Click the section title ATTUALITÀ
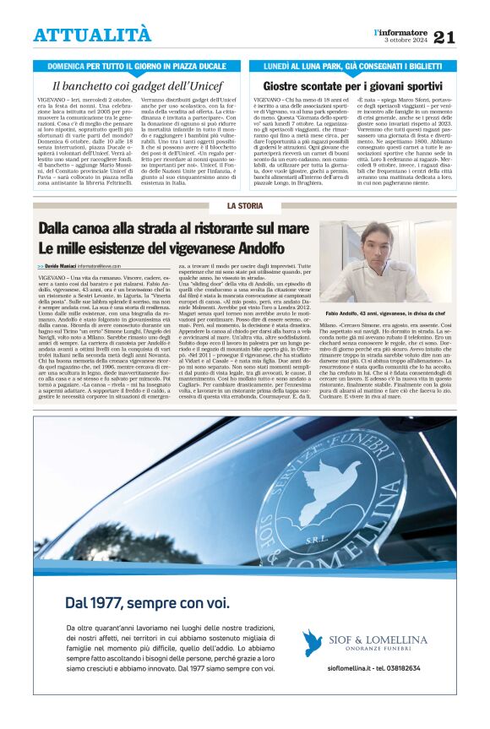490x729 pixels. [x=92, y=35]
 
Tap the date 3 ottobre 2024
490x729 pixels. [x=407, y=40]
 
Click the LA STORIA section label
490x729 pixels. [x=244, y=206]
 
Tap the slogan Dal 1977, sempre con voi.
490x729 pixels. [x=147, y=603]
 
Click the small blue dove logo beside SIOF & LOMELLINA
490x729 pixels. [x=313, y=643]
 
